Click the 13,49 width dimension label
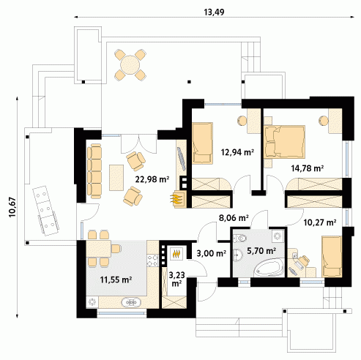[214, 12]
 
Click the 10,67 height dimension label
[12, 207]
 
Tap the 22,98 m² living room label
[152, 179]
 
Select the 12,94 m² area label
[237, 152]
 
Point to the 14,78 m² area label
[308, 168]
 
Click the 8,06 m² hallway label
[234, 217]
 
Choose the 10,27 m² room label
[320, 222]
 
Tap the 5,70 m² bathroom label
[261, 250]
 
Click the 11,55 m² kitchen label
[116, 280]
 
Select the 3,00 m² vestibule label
[211, 254]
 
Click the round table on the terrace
[130, 65]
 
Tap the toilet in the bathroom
[240, 238]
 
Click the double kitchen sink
[131, 302]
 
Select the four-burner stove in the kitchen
[152, 260]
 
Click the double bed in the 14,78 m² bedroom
[285, 142]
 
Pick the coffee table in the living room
[116, 178]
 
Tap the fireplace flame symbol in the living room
[176, 199]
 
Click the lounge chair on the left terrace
[45, 211]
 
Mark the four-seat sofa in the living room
[94, 171]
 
